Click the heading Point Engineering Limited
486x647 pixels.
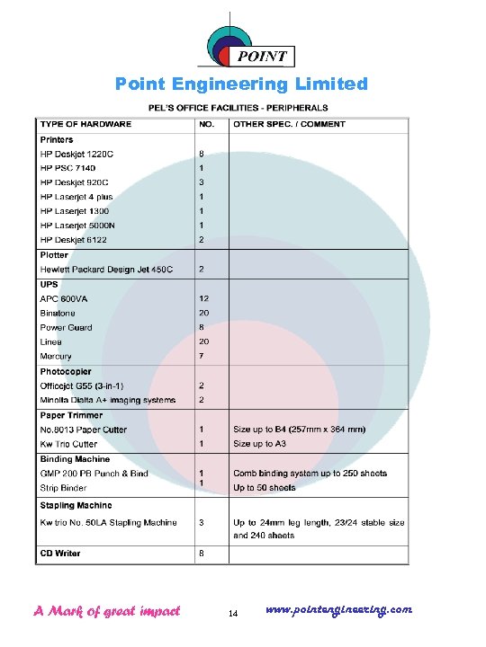tap(241, 84)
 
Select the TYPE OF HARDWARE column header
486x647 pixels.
tap(85, 124)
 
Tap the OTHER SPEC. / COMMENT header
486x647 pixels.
tap(289, 124)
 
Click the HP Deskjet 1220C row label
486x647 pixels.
tap(76, 154)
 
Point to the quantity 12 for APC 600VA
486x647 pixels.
tap(204, 298)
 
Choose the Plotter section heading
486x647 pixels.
tap(54, 255)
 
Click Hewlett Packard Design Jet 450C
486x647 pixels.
tap(106, 270)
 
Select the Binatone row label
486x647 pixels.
tap(58, 313)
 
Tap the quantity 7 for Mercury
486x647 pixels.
tap(201, 356)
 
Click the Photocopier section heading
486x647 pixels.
tap(65, 371)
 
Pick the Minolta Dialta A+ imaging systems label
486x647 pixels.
tap(107, 400)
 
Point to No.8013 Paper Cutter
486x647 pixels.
tap(83, 430)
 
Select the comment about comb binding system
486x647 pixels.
tap(310, 473)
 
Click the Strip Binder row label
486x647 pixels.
tap(63, 487)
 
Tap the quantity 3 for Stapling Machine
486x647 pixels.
tap(202, 522)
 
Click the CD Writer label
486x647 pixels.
tap(60, 553)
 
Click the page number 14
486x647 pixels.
tap(233, 614)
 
